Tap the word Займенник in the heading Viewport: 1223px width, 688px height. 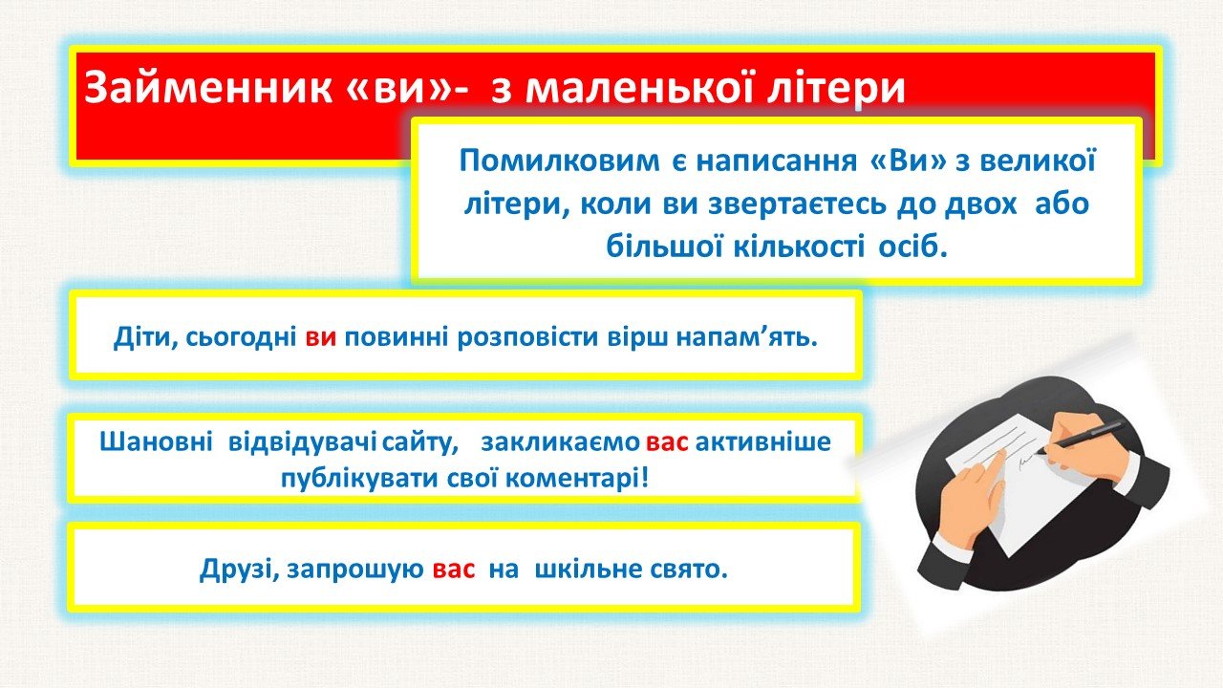207,87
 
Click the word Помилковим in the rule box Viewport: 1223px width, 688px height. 559,161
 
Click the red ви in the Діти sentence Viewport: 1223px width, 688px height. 320,338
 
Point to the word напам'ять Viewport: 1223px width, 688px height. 747,338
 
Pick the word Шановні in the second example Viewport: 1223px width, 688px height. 156,441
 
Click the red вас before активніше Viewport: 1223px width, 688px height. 667,442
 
